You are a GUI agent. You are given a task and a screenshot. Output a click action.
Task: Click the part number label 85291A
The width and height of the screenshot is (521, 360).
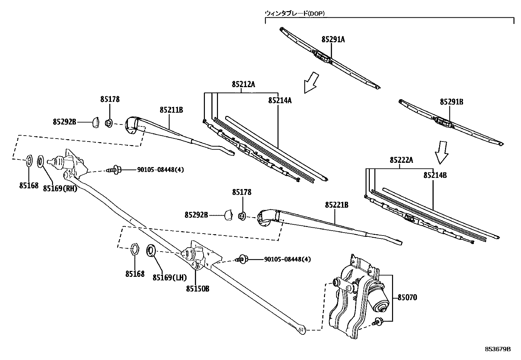tap(333, 40)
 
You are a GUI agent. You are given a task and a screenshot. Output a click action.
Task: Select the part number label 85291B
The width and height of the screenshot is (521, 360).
tap(451, 102)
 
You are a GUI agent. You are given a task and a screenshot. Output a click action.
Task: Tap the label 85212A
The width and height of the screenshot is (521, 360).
tap(243, 85)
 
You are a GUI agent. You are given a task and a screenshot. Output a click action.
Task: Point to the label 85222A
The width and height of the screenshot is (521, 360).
tap(401, 160)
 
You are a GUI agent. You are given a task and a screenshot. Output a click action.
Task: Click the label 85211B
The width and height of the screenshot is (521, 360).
tap(171, 110)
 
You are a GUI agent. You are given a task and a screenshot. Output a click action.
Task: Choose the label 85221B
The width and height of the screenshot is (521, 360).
tap(336, 205)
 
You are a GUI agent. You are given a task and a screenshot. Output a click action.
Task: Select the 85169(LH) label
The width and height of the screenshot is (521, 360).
tap(170, 277)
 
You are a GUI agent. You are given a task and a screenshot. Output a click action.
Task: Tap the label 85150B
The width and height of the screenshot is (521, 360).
tap(198, 289)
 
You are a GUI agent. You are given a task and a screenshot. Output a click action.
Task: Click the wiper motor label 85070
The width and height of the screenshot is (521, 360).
tap(407, 298)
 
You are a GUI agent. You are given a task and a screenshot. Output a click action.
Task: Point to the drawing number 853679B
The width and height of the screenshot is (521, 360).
tap(497, 349)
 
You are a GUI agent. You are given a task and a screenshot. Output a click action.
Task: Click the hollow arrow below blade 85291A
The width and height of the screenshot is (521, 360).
tap(311, 83)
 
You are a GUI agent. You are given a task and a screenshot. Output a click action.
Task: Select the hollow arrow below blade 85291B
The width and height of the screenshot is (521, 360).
tap(441, 152)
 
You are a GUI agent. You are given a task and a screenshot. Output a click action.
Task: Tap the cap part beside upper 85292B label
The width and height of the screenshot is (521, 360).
tap(96, 123)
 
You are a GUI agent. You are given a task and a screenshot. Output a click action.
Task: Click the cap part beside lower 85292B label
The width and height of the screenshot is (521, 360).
tap(228, 215)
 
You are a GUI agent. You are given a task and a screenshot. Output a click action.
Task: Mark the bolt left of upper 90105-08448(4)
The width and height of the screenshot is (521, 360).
tap(115, 170)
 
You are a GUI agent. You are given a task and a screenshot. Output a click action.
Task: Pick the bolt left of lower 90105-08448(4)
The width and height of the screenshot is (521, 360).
tap(243, 259)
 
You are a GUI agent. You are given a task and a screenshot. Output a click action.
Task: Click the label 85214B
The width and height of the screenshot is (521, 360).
tap(435, 175)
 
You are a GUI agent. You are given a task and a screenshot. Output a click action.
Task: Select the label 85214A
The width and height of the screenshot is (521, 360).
tap(280, 101)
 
